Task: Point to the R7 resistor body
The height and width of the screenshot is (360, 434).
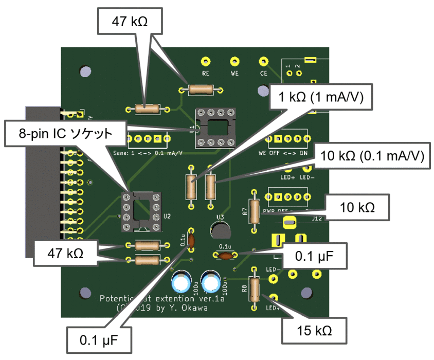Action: (254, 208)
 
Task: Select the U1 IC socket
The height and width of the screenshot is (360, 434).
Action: (215, 127)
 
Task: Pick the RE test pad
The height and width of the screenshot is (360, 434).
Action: (206, 61)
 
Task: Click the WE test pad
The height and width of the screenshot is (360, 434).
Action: (235, 61)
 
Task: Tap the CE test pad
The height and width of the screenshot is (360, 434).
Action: (264, 61)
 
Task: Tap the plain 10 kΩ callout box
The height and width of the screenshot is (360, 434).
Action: (357, 207)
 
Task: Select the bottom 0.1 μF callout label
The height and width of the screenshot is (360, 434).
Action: (99, 340)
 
